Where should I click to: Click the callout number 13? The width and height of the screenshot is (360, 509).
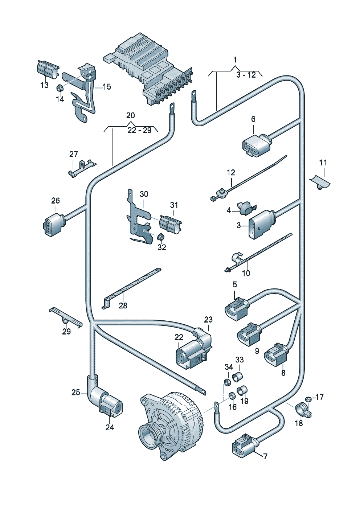(x=45, y=85)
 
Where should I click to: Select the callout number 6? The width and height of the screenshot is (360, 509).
(x=253, y=119)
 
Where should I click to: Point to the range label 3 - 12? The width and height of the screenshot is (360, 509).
(x=246, y=75)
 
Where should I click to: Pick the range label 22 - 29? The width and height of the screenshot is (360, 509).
(x=139, y=131)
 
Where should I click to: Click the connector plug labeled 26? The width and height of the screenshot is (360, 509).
(x=54, y=224)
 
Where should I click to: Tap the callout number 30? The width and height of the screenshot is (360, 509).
(x=144, y=194)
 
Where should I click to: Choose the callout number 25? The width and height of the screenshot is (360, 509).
(x=76, y=393)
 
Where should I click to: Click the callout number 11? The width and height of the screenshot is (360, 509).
(x=323, y=163)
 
